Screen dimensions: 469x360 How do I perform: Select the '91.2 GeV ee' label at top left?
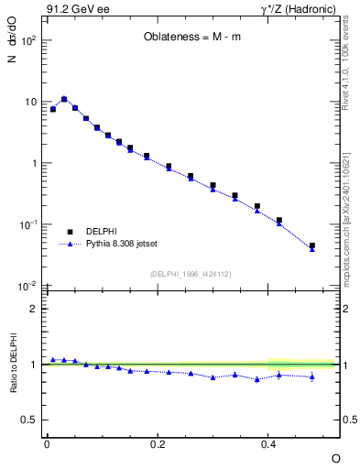(74, 10)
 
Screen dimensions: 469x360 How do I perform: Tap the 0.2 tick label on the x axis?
(158, 443)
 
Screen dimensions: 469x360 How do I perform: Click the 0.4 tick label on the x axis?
(268, 443)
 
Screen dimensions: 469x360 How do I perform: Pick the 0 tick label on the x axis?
(47, 443)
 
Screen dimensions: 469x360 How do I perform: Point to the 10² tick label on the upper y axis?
(27, 41)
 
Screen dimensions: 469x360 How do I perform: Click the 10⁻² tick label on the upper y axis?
(27, 287)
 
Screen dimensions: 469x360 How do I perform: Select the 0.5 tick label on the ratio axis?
(29, 420)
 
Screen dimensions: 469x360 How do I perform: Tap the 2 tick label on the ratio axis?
(35, 309)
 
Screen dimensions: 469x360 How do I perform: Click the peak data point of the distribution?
(64, 99)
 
